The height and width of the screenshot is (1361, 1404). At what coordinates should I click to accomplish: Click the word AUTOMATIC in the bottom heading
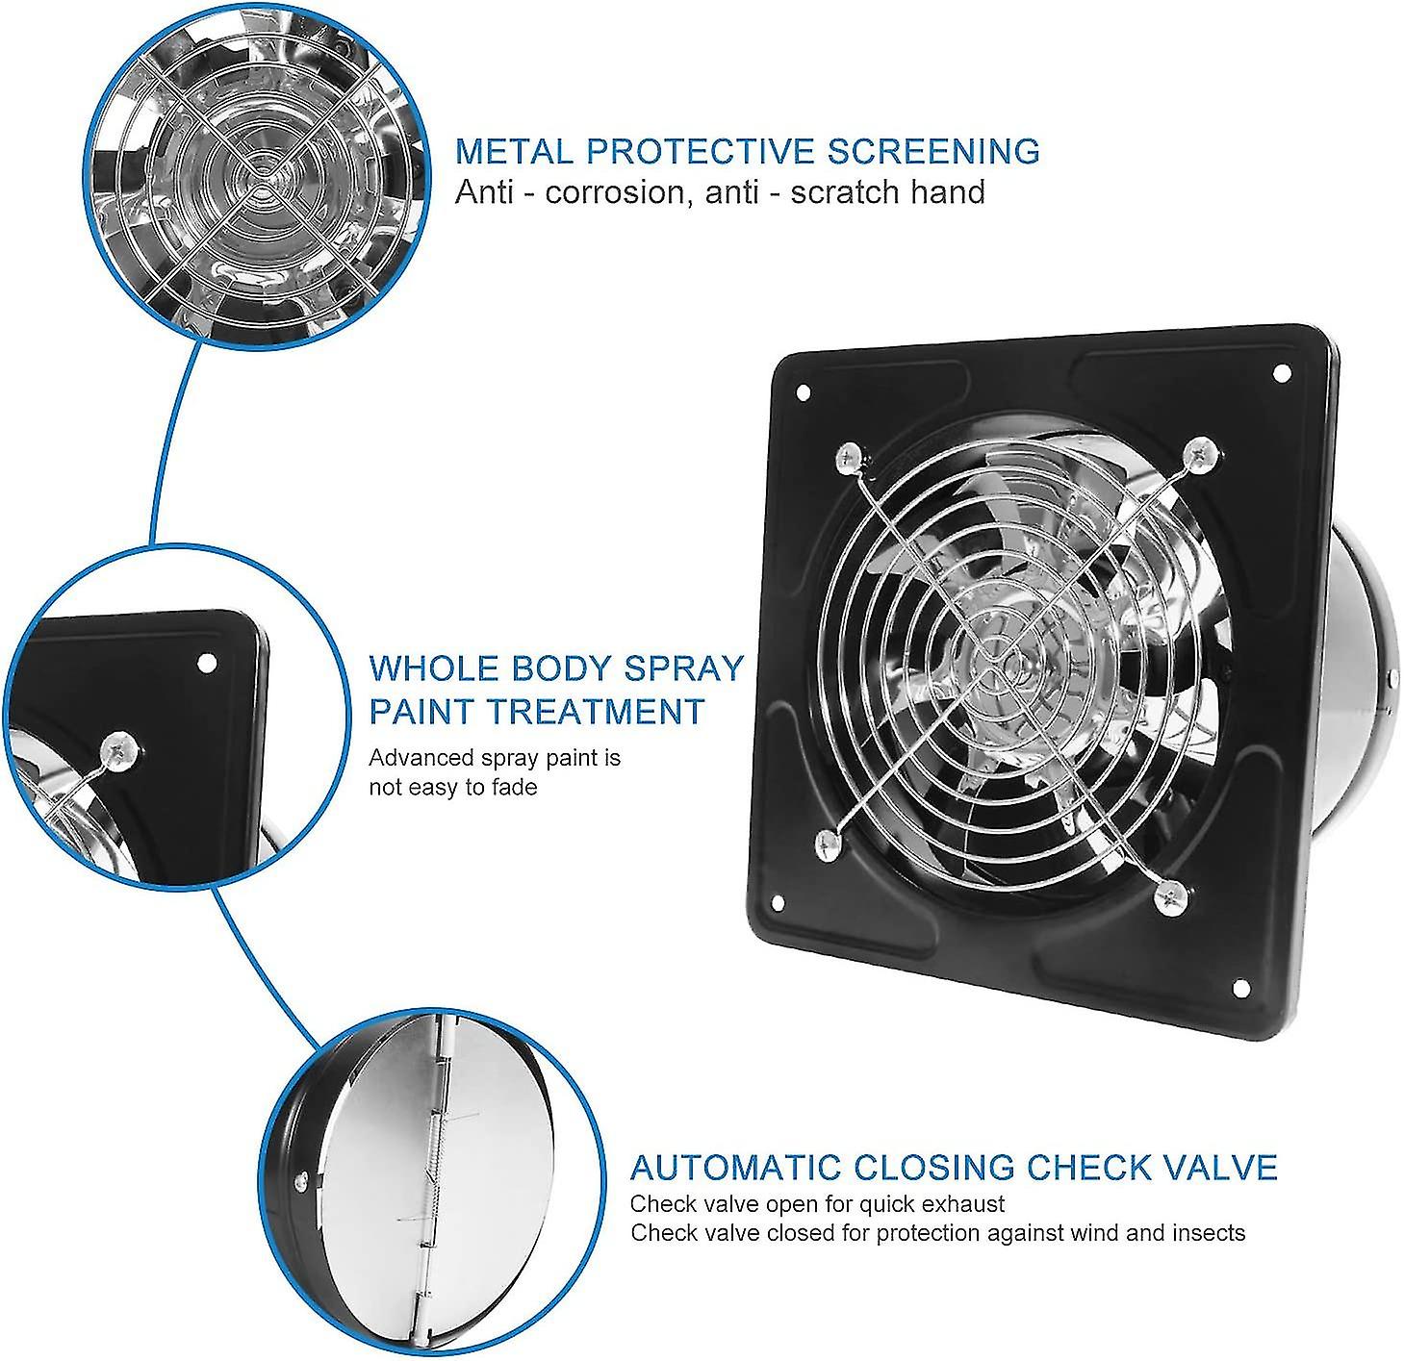click(735, 1167)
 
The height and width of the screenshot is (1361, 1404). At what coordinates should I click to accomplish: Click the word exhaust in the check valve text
click(965, 1204)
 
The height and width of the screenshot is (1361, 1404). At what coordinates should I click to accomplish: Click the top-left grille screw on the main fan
click(848, 459)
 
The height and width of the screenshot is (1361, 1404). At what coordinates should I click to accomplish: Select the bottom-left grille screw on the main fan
click(828, 844)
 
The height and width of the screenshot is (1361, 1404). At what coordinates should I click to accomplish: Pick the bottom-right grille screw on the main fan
click(1169, 895)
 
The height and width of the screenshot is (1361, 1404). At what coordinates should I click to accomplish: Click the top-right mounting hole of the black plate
click(1281, 373)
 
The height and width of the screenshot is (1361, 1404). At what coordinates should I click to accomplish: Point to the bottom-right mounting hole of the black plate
click(1240, 988)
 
